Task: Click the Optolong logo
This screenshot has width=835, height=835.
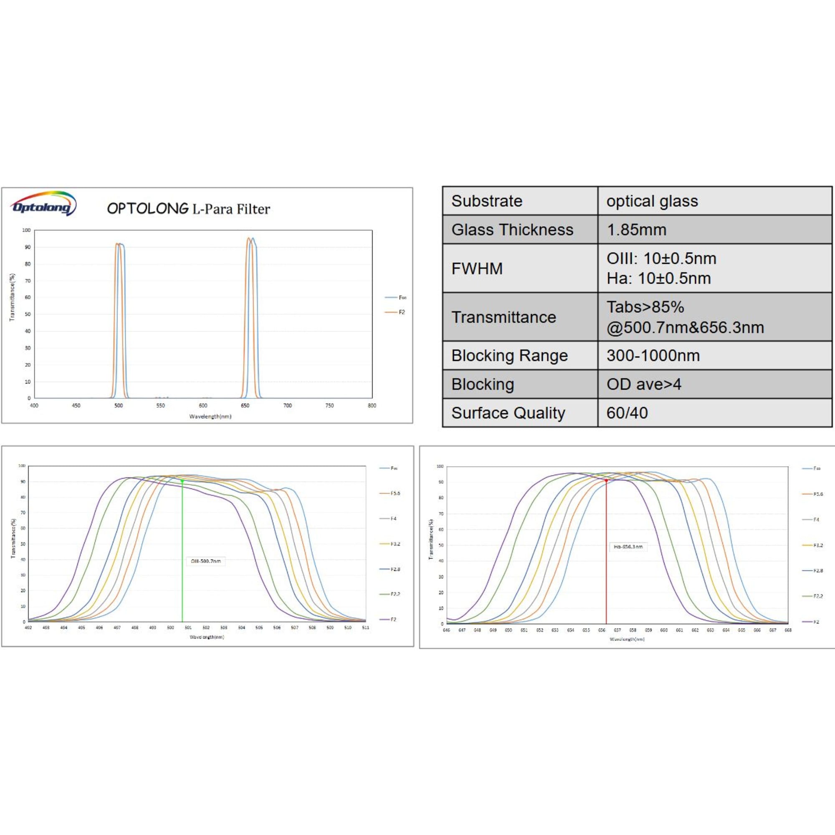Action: point(44,204)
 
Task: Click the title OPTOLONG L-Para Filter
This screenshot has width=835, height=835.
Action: point(188,209)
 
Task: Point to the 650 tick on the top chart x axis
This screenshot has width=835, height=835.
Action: point(245,405)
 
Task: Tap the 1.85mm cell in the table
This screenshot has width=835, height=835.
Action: point(636,230)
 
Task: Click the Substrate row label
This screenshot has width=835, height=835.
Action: point(487,201)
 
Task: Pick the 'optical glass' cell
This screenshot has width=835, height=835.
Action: point(652,201)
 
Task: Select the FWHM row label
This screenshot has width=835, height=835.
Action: point(477,268)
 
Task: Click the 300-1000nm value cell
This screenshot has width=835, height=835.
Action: point(653,355)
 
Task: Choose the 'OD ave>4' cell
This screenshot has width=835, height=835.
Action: point(643,384)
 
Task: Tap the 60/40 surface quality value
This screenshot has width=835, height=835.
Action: point(627,413)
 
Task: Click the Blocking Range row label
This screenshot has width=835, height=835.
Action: point(509,355)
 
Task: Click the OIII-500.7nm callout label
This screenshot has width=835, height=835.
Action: point(206,561)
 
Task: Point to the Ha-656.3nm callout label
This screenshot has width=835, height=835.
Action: point(628,547)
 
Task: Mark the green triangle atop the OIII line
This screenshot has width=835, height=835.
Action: point(182,481)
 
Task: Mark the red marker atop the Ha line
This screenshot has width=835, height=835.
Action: point(606,481)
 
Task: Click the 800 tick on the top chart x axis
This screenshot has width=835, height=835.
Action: point(372,405)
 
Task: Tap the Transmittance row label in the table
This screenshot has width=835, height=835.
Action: point(504,317)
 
